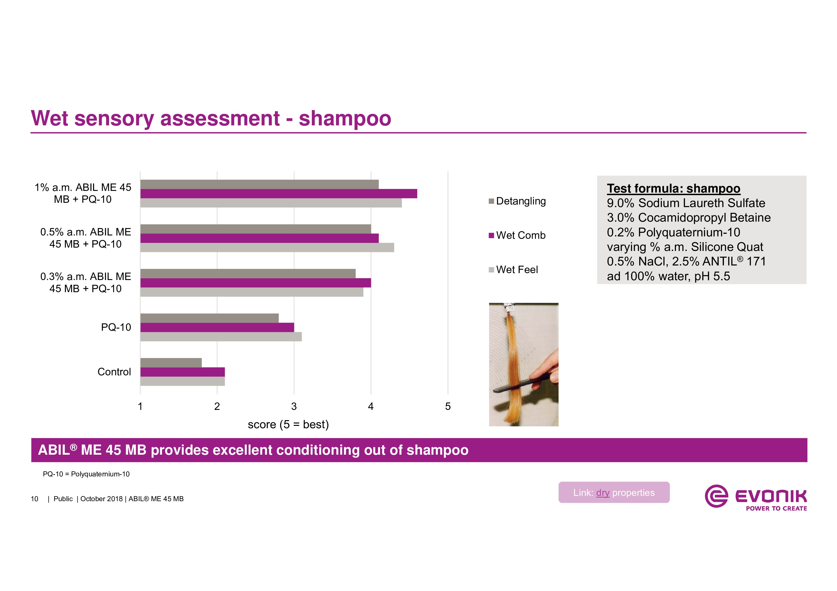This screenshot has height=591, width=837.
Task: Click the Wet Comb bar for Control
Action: pyautogui.click(x=183, y=372)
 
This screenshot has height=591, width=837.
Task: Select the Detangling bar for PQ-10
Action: pyautogui.click(x=210, y=318)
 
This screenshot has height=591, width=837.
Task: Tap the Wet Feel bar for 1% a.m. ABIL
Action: pyautogui.click(x=271, y=203)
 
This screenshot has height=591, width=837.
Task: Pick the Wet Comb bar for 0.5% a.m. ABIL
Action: pyautogui.click(x=260, y=238)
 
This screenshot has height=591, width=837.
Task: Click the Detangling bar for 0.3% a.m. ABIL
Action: pyautogui.click(x=248, y=274)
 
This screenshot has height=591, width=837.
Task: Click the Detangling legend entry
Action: pyautogui.click(x=517, y=201)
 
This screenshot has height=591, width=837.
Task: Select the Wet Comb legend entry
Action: pyautogui.click(x=517, y=235)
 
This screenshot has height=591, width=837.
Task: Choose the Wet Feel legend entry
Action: pyautogui.click(x=513, y=270)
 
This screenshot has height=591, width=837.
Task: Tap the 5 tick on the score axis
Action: pyautogui.click(x=448, y=406)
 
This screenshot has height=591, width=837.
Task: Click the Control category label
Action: pyautogui.click(x=114, y=372)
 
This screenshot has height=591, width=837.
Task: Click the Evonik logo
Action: pyautogui.click(x=756, y=497)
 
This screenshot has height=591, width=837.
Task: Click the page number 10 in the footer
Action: pyautogui.click(x=34, y=499)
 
